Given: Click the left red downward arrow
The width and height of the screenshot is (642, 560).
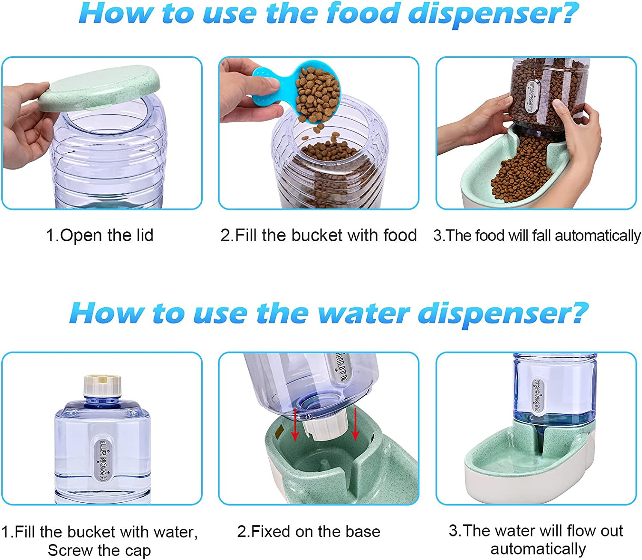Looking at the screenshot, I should coord(295,425).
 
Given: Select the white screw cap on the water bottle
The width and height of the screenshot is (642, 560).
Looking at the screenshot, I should coord(102,385).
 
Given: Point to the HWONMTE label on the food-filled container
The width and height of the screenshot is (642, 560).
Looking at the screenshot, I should coord(532,96).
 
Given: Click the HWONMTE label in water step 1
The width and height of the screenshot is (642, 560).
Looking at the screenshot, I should coord(104,460).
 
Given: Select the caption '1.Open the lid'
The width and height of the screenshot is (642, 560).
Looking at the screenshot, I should coord(99,235).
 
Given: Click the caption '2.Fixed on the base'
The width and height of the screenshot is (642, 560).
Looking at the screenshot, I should coord(309,531).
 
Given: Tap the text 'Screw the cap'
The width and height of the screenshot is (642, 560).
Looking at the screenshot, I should coord(99,550).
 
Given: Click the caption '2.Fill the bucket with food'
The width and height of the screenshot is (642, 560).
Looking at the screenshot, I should coord(318,235).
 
